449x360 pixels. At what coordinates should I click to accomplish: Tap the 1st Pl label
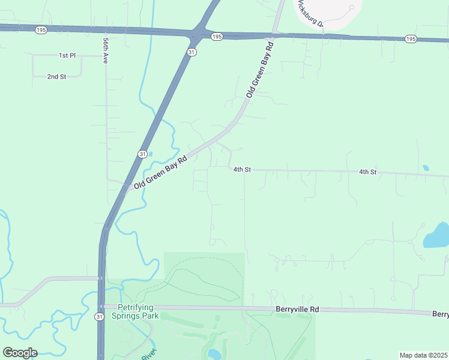click(x=67, y=55)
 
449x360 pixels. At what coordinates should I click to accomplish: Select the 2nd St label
click(x=56, y=77)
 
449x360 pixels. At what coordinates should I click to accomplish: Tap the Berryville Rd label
click(x=297, y=310)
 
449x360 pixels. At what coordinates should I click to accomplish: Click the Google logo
click(x=20, y=352)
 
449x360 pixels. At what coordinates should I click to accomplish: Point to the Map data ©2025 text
click(x=423, y=355)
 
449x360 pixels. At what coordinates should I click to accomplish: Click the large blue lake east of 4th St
click(x=437, y=236)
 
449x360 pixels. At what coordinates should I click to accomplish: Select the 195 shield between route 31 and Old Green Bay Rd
click(x=217, y=37)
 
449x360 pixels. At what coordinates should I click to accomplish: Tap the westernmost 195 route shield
click(x=41, y=29)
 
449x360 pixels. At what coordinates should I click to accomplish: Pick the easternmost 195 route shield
click(x=411, y=39)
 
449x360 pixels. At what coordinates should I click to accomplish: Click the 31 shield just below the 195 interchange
click(x=191, y=52)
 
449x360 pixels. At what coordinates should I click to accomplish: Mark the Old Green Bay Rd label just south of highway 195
click(x=260, y=70)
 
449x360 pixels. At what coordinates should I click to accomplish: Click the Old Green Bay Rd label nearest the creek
click(x=161, y=173)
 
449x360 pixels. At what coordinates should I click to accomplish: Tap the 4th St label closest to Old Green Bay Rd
click(x=241, y=170)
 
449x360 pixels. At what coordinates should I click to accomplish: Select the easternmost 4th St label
click(x=367, y=172)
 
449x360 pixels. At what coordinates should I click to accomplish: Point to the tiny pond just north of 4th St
click(x=426, y=168)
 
